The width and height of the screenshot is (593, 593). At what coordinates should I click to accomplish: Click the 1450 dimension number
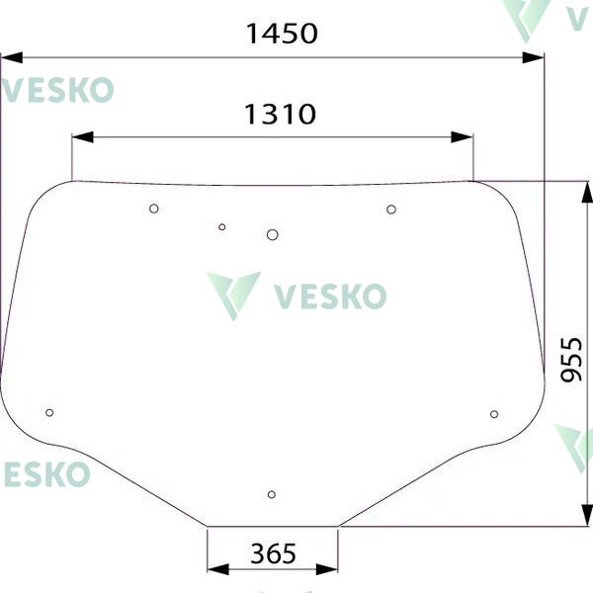(x=282, y=34)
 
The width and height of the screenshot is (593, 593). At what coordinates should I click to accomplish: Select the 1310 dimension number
(x=281, y=114)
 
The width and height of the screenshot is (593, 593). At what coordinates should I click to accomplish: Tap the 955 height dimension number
(x=571, y=360)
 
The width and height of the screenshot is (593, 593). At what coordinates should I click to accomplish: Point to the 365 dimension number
(x=273, y=553)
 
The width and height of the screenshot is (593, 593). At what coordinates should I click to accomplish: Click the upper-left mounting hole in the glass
(x=153, y=209)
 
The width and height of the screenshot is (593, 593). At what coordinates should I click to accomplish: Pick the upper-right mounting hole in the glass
(x=391, y=210)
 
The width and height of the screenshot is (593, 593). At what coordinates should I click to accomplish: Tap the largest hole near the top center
(x=273, y=235)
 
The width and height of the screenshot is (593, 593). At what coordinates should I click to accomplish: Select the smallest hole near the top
(x=222, y=227)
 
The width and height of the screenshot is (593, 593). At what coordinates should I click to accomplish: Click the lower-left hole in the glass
(x=49, y=412)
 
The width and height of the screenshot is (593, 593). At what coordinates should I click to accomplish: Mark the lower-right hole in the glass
(x=494, y=414)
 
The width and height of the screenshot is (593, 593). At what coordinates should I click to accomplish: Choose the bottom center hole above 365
(x=271, y=494)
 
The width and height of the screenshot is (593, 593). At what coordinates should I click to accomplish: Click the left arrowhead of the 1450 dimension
(x=11, y=58)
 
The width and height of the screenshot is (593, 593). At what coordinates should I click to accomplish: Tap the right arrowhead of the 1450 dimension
(x=533, y=58)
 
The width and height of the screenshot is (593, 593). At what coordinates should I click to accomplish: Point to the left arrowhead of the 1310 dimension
(x=82, y=137)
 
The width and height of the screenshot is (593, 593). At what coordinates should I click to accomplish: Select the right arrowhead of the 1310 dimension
(x=463, y=137)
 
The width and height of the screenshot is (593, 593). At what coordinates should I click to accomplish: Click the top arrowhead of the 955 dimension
(x=587, y=193)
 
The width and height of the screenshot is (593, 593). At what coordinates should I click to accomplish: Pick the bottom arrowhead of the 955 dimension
(x=587, y=514)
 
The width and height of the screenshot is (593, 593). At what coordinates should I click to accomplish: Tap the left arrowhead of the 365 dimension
(x=218, y=569)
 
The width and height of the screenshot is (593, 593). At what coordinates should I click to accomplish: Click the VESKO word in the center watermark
(x=330, y=296)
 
